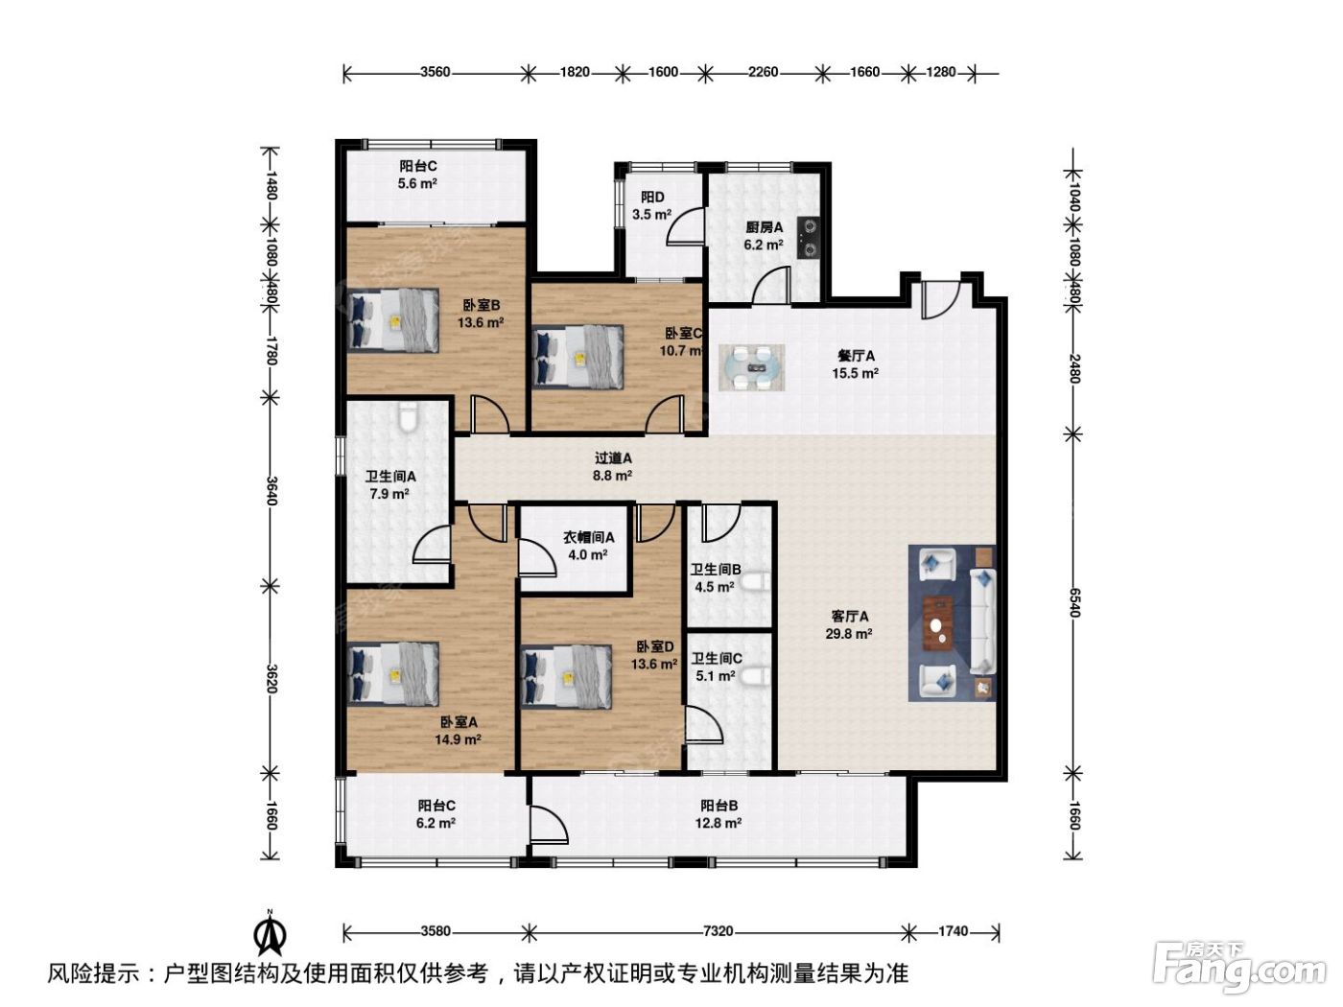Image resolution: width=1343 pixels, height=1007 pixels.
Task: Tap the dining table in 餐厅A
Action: pyautogui.click(x=751, y=367)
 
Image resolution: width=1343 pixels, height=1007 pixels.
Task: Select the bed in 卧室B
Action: pyautogui.click(x=392, y=319)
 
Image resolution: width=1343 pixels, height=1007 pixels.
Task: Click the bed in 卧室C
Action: pyautogui.click(x=577, y=357)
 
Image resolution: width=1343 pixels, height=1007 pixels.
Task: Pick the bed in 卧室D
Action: pyautogui.click(x=567, y=676)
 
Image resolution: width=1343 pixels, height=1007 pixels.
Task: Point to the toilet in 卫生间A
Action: pyautogui.click(x=407, y=416)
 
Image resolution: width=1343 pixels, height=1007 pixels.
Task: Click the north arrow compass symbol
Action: pyautogui.click(x=270, y=933)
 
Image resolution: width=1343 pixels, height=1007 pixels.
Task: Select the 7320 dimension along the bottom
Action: pyautogui.click(x=718, y=931)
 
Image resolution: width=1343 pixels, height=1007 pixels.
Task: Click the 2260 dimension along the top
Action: pyautogui.click(x=763, y=72)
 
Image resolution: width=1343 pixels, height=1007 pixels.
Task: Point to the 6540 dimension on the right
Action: pyautogui.click(x=1074, y=603)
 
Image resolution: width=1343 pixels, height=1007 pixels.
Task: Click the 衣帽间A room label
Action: pyautogui.click(x=589, y=537)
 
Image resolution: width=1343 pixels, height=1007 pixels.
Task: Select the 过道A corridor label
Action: pyautogui.click(x=613, y=458)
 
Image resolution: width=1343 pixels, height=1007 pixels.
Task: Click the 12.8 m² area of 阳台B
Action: pyautogui.click(x=719, y=823)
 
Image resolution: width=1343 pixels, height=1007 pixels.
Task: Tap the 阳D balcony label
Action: pyautogui.click(x=652, y=197)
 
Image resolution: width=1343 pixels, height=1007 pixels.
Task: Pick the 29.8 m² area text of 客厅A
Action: pyautogui.click(x=849, y=633)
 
